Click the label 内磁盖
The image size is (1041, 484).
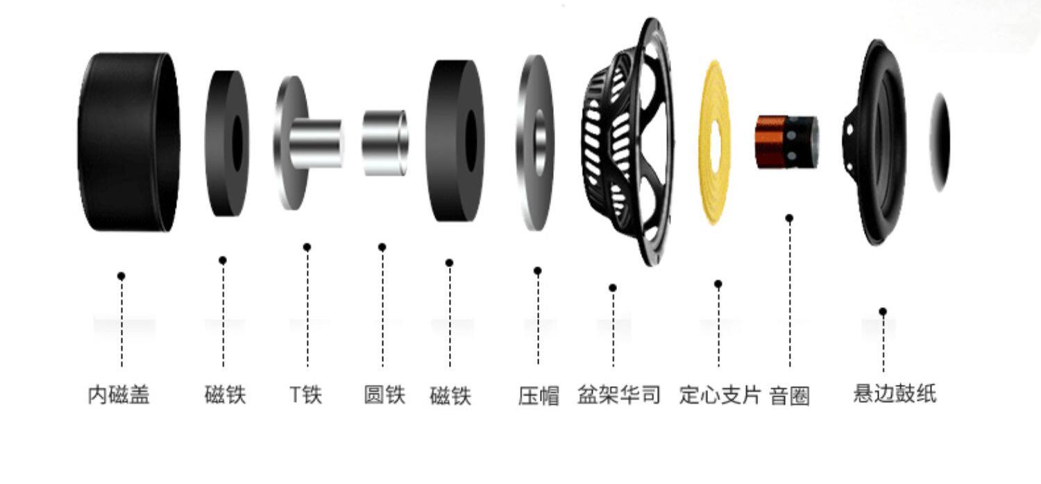point(119,395)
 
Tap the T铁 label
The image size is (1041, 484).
point(306,395)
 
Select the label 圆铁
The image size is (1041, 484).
point(384,395)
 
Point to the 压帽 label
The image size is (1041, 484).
point(539,396)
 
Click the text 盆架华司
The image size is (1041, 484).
point(619,395)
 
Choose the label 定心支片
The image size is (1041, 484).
point(720,395)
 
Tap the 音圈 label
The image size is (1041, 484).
point(790,397)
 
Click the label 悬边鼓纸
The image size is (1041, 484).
point(895,394)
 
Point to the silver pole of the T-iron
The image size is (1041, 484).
point(316,144)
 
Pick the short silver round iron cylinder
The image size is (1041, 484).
point(384,142)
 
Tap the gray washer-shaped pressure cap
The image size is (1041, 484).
point(535,142)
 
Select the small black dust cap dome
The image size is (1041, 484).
point(940,142)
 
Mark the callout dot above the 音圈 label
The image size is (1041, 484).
point(789,218)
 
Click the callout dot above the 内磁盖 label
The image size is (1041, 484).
point(121,276)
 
